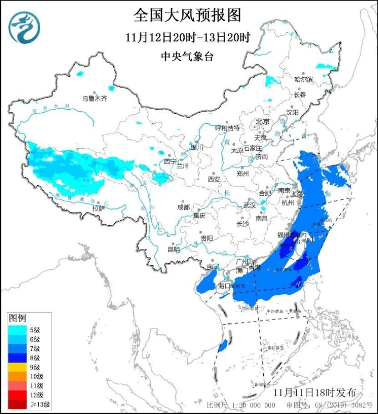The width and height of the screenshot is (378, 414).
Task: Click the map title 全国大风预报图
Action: click(x=187, y=16)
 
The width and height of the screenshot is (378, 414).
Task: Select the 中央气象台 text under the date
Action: click(x=187, y=57)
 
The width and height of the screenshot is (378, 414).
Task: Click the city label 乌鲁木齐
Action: click(x=95, y=98)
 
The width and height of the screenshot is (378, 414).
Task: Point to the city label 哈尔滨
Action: click(x=304, y=79)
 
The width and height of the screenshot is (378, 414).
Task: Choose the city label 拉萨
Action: click(x=98, y=208)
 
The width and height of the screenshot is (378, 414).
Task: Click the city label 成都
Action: click(x=183, y=207)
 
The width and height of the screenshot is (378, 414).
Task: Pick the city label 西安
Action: click(x=214, y=179)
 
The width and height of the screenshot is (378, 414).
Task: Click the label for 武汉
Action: click(x=250, y=205)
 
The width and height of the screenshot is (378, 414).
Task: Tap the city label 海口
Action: click(x=224, y=286)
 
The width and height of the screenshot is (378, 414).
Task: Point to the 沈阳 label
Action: click(x=292, y=112)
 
